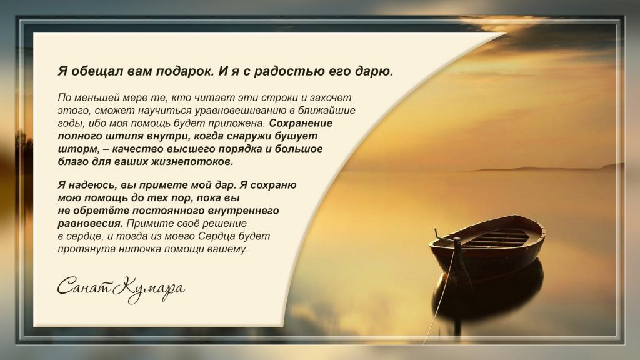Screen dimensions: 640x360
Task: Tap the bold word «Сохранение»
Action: pos(301,123)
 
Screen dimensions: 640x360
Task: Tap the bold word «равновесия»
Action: pos(90,224)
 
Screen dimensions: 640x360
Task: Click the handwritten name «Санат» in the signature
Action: pos(84,286)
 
